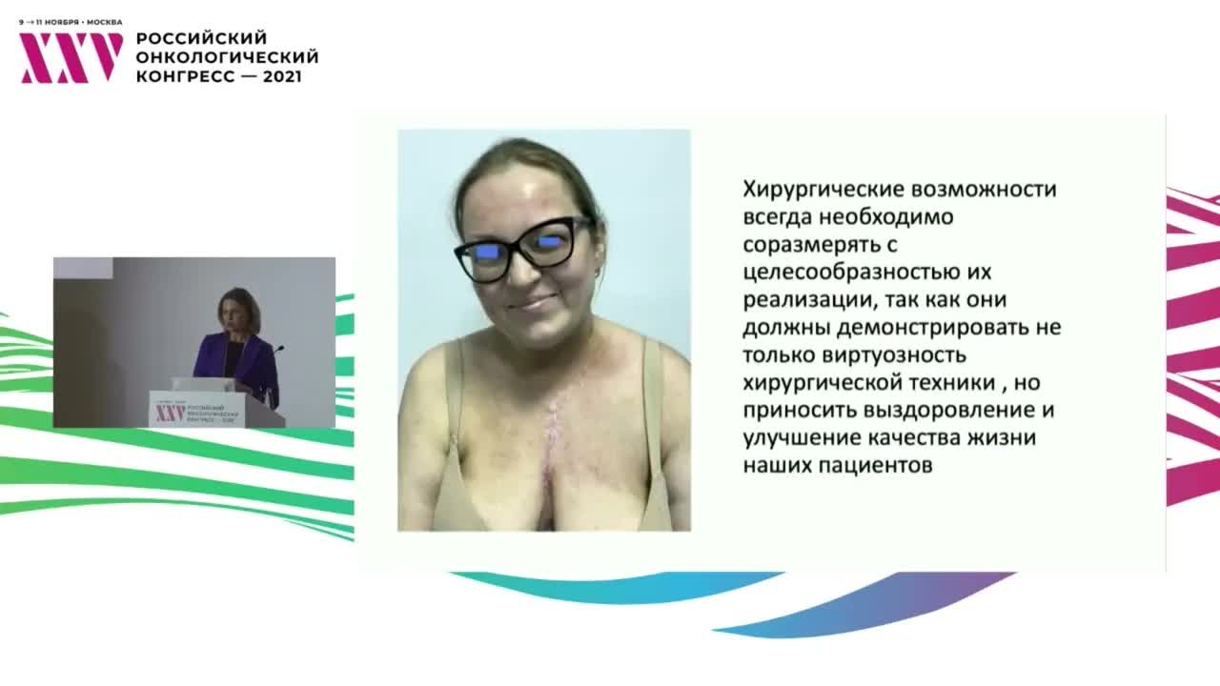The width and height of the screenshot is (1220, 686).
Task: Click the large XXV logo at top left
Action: pyautogui.click(x=71, y=58)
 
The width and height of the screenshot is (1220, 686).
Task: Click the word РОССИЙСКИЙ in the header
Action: pyautogui.click(x=201, y=38)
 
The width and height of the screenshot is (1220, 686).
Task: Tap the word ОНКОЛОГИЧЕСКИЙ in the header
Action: pyautogui.click(x=227, y=57)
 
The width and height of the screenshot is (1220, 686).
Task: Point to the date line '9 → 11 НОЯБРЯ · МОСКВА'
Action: pyautogui.click(x=71, y=22)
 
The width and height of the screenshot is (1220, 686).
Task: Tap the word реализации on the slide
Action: pyautogui.click(x=800, y=299)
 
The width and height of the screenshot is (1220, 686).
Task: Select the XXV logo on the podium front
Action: pyautogui.click(x=170, y=413)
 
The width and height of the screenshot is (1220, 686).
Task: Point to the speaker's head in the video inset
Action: pyautogui.click(x=237, y=309)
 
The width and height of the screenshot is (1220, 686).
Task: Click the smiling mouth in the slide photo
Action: pyautogui.click(x=532, y=304)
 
